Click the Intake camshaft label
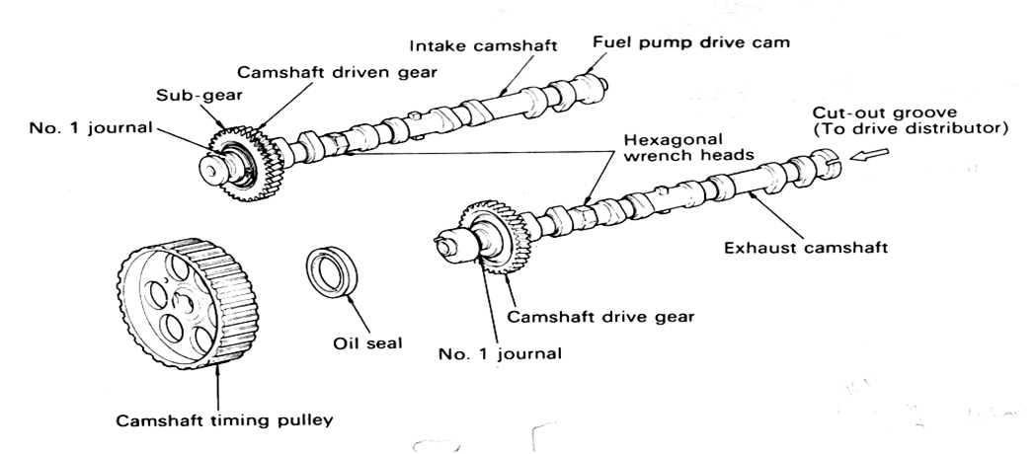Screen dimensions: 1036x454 [483, 45]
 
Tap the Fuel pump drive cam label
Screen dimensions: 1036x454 [690, 42]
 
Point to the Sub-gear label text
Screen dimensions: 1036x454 [199, 96]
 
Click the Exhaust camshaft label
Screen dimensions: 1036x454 [806, 248]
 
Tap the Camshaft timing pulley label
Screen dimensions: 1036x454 [224, 420]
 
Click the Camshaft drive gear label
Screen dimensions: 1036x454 [600, 317]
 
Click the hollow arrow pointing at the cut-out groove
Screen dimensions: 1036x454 [869, 155]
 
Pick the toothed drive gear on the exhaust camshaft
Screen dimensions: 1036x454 [496, 238]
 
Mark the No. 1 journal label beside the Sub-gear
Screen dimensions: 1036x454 [90, 127]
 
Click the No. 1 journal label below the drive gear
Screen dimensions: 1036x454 [500, 353]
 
